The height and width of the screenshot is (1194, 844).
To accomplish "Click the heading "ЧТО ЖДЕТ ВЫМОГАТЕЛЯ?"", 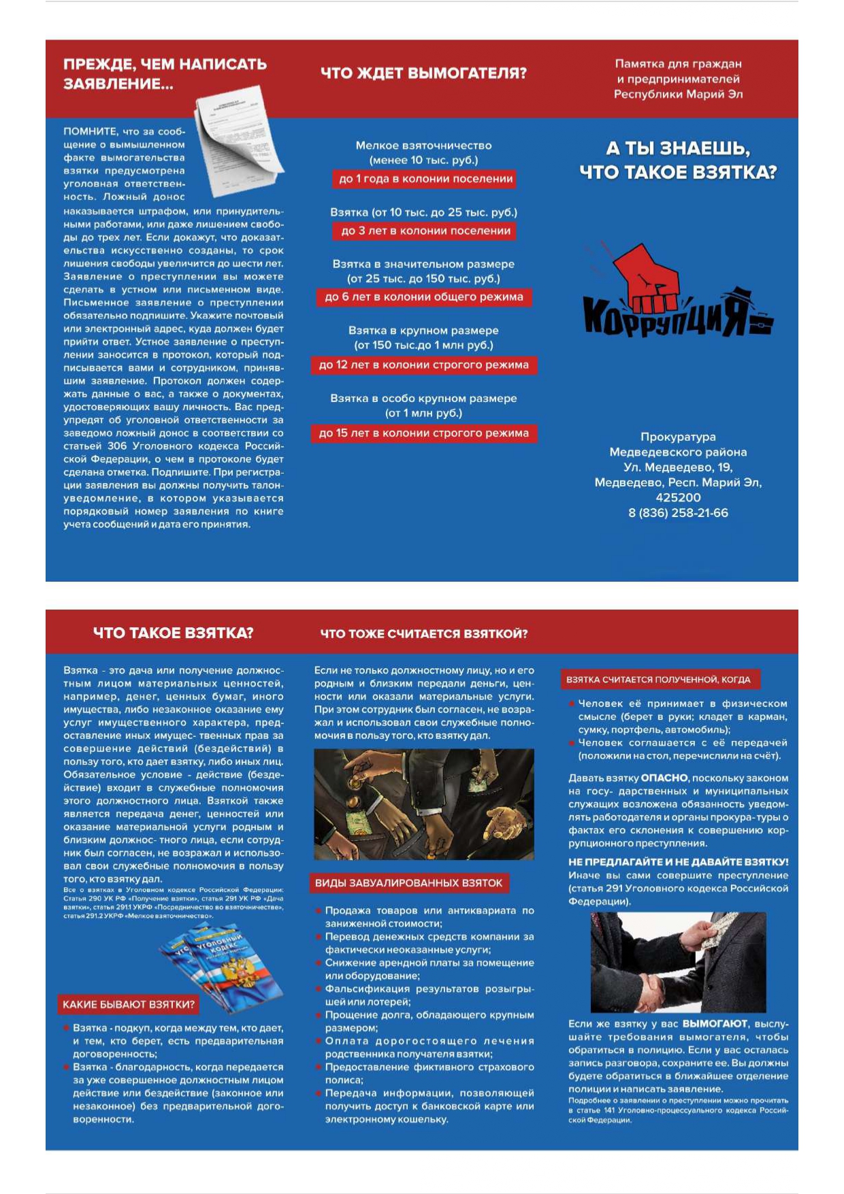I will pos(423,73).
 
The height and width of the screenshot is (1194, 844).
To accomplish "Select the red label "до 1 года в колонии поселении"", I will pos(425,179).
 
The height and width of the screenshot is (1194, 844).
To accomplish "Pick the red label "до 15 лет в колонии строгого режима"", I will pos(423,433).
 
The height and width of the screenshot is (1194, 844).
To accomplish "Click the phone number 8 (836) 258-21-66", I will pos(678,513).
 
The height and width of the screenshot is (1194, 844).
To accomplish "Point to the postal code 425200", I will pos(678,498).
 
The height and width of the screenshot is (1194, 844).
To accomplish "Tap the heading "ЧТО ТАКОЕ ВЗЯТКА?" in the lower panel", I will pos(173,633).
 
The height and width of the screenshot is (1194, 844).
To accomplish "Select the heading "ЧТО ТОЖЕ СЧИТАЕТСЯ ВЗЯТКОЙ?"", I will pos(424,633).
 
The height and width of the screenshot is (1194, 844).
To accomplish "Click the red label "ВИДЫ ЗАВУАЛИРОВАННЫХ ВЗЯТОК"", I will pos(408,883).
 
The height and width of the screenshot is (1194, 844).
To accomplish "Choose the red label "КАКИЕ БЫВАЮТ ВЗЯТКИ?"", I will pos(129,1004).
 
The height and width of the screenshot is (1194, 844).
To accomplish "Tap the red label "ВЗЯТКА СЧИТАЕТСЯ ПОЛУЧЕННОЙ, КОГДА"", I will pos(658,680).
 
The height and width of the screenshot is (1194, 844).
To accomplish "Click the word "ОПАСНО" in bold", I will pos(664,778).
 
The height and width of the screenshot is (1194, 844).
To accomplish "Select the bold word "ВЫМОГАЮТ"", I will pos(715,1024).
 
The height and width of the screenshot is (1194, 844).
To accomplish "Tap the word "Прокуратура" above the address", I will pos(678,437).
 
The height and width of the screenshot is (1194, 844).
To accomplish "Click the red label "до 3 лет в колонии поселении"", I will pos(425,231).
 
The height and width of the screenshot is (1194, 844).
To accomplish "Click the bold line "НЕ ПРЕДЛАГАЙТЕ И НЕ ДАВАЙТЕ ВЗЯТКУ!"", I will pos(678,862).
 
